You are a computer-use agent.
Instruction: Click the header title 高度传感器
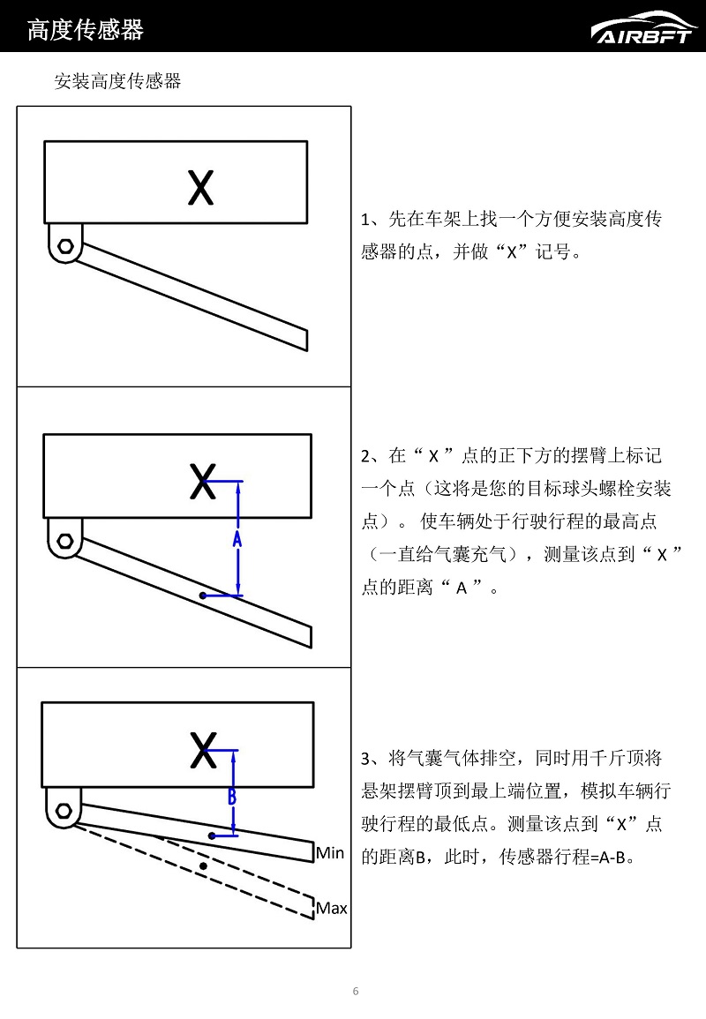pyautogui.click(x=86, y=30)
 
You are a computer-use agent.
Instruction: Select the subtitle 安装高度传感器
pyautogui.click(x=117, y=81)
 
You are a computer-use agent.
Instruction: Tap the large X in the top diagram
pyautogui.click(x=201, y=188)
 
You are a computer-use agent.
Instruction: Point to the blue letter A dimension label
pyautogui.click(x=237, y=538)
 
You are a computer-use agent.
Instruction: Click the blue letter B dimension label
pyautogui.click(x=232, y=794)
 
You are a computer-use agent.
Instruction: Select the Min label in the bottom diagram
pyautogui.click(x=330, y=852)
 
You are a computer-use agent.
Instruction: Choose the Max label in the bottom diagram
pyautogui.click(x=332, y=908)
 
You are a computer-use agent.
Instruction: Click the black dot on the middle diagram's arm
pyautogui.click(x=203, y=596)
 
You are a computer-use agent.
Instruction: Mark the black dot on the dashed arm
pyautogui.click(x=204, y=866)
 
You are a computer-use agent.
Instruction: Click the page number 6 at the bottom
pyautogui.click(x=356, y=991)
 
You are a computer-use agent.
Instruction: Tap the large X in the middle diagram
pyautogui.click(x=202, y=483)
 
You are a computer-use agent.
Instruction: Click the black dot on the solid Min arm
pyautogui.click(x=212, y=835)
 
